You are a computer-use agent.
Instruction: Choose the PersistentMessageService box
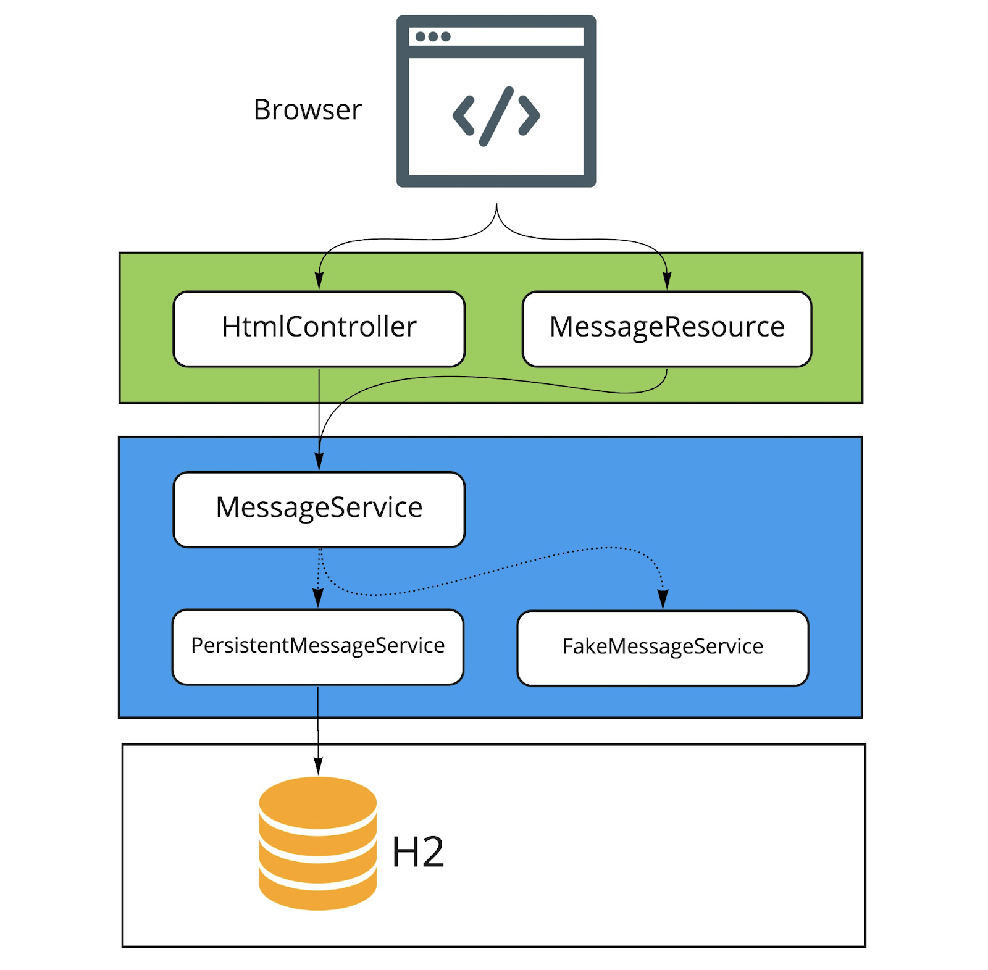point(317,646)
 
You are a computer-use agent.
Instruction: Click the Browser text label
point(307,110)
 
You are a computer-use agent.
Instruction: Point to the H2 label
point(417,852)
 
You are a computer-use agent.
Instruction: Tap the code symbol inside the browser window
point(496,116)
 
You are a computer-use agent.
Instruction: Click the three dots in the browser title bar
point(433,36)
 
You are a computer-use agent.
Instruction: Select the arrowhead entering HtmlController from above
point(319,281)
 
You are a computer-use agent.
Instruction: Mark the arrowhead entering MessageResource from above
point(666,281)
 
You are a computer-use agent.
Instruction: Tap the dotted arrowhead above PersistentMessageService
point(318,598)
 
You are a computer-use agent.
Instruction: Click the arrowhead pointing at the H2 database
point(318,766)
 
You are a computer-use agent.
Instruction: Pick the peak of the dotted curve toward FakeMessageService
point(611,548)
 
